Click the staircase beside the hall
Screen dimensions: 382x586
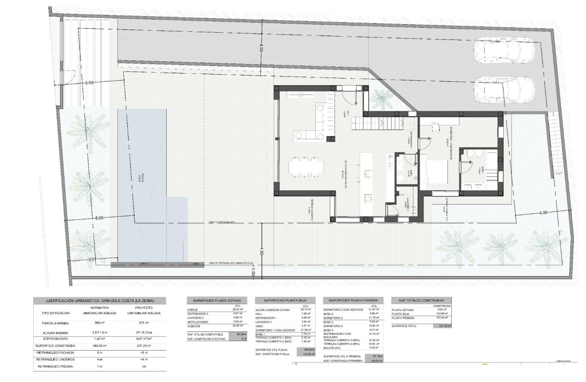pyautogui.click(x=377, y=123)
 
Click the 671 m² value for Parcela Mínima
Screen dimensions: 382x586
pyautogui.click(x=141, y=323)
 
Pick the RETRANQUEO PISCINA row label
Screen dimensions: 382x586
pyautogui.click(x=56, y=367)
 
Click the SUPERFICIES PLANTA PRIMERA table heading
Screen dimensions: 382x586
pyautogui.click(x=353, y=301)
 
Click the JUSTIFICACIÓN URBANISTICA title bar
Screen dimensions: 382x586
pyautogui.click(x=100, y=301)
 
